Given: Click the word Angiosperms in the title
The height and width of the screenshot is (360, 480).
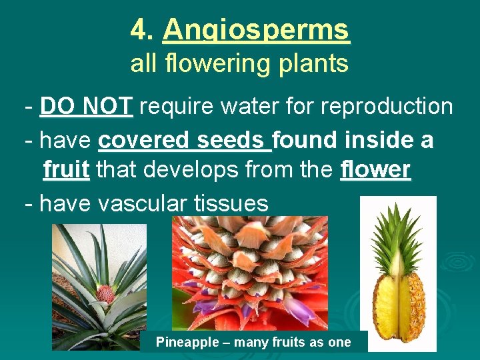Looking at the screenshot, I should pos(256,30).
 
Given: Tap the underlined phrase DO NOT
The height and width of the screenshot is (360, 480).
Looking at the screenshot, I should pos(87,105).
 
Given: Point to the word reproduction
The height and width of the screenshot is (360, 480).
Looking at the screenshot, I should pos(386,106).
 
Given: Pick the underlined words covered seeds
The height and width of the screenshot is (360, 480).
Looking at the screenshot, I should pos(185,140).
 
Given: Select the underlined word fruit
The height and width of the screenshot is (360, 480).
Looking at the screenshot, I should pos(66,170).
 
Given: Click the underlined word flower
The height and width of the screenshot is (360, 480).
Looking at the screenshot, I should pos(375,170).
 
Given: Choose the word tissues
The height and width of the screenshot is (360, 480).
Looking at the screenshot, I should pos(229,203).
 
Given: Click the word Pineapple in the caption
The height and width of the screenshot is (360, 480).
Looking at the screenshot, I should pos(187,342).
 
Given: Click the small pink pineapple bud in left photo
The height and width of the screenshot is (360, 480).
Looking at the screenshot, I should pos(104,293).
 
